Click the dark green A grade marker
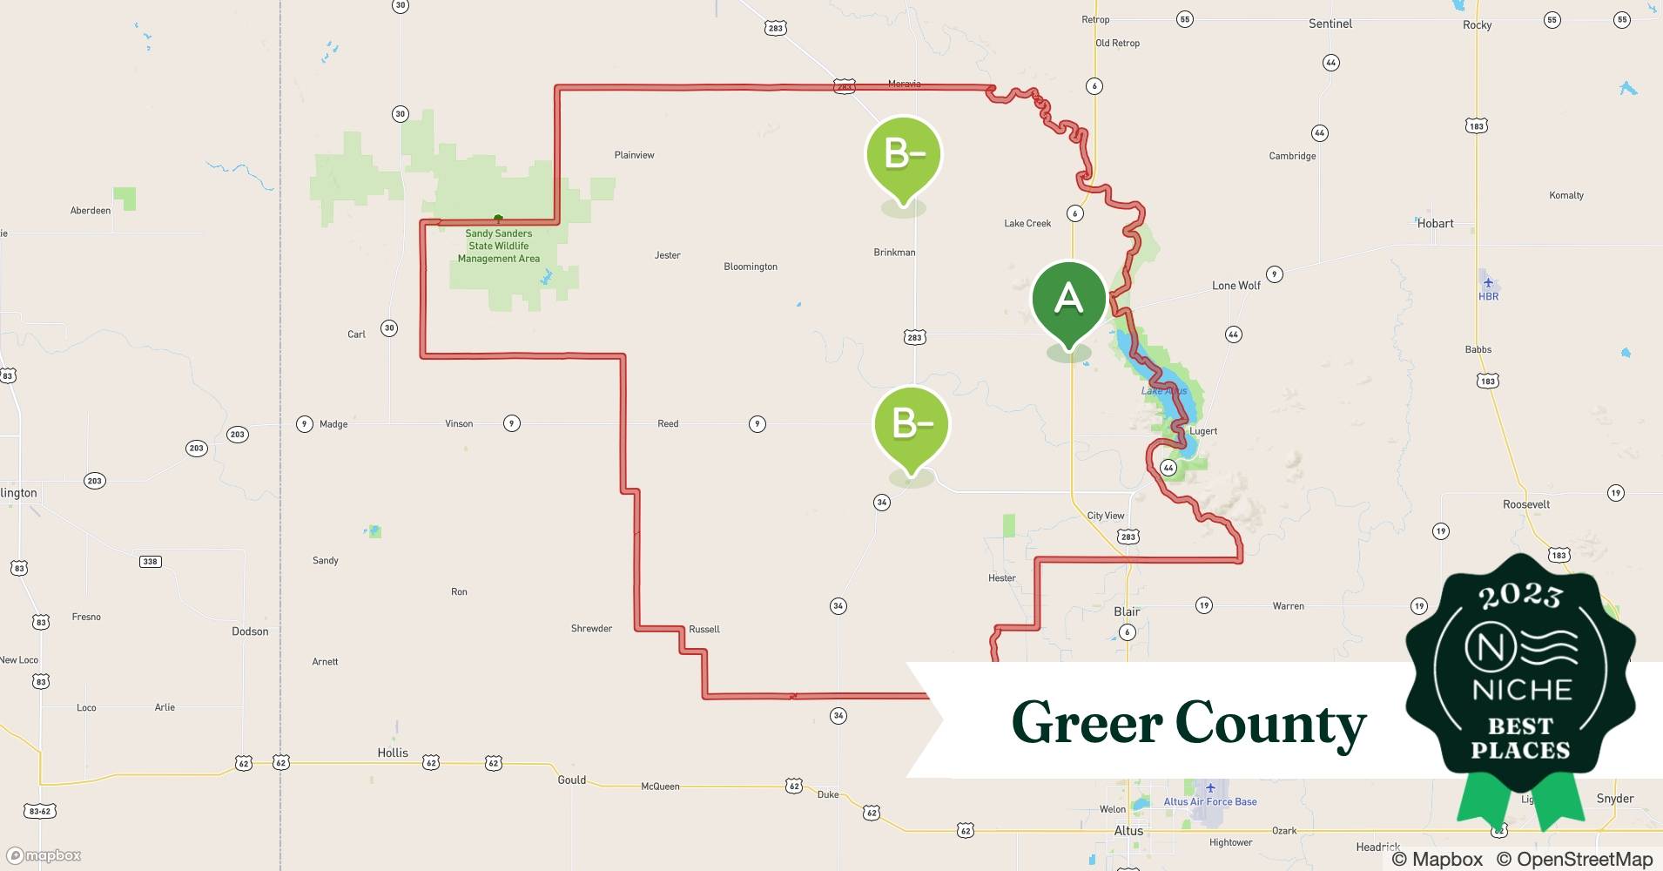click(1068, 300)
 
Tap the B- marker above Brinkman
click(903, 156)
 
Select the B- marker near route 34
click(911, 425)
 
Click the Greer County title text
click(1188, 723)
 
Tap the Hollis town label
click(393, 753)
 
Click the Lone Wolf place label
click(1235, 286)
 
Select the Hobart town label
click(1435, 224)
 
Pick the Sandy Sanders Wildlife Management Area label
click(499, 246)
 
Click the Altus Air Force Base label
click(1210, 801)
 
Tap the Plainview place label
click(634, 155)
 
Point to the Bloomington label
click(751, 267)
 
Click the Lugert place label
click(1203, 431)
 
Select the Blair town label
click(1127, 611)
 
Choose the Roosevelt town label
click(1526, 504)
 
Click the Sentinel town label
click(1330, 24)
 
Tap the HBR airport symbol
click(1488, 282)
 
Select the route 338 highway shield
click(150, 562)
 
